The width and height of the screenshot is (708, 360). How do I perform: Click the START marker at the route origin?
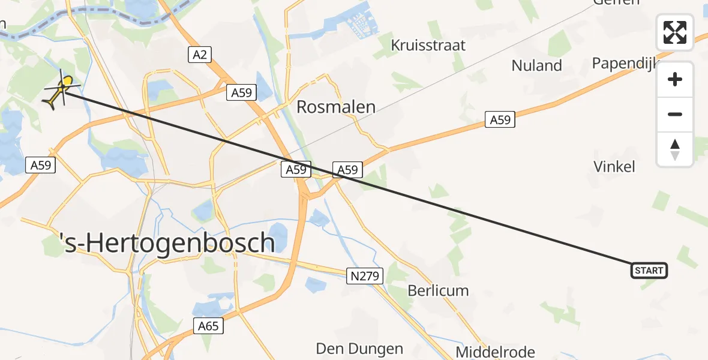pos(649,271)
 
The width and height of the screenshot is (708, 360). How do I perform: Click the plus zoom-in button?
pos(675,79)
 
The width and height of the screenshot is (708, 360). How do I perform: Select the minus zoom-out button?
pos(675,114)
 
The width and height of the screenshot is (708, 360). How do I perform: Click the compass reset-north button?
pos(675,149)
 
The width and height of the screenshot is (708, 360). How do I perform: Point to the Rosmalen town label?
pos(336,107)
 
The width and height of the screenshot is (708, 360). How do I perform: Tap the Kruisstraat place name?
pos(428,46)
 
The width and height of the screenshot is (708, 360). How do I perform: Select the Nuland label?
pos(536,65)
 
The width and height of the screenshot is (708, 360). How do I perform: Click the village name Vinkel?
pos(614,166)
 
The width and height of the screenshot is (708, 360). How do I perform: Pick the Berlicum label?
pos(438,290)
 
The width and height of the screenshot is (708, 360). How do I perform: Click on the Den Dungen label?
pos(359,349)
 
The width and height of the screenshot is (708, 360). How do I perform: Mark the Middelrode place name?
pos(495,352)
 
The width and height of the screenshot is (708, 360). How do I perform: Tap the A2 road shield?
pos(200,55)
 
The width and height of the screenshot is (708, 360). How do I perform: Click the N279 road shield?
pos(365,275)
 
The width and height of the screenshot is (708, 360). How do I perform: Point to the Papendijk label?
pos(625,63)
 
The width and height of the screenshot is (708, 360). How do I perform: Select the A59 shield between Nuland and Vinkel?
pos(500,120)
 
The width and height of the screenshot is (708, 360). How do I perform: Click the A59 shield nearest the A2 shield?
pos(242,92)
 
